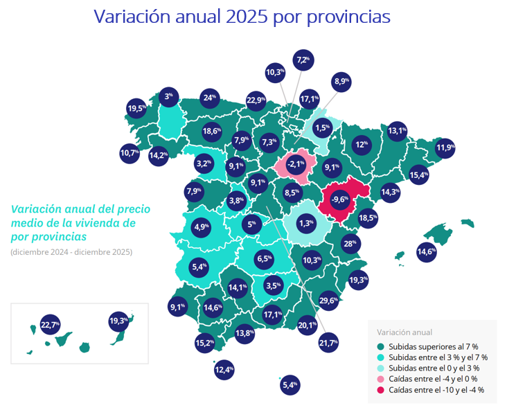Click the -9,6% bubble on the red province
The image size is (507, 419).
pyautogui.click(x=340, y=199)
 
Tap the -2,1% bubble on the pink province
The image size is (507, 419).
pyautogui.click(x=296, y=164)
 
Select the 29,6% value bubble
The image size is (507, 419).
pyautogui.click(x=328, y=301)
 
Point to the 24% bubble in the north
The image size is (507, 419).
pyautogui.click(x=210, y=98)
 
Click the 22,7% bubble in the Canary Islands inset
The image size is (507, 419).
pyautogui.click(x=50, y=324)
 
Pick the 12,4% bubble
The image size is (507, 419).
pyautogui.click(x=224, y=371)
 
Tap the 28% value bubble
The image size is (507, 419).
pyautogui.click(x=350, y=244)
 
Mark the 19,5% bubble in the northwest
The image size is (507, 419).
pyautogui.click(x=136, y=109)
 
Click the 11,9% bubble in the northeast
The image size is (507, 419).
pyautogui.click(x=445, y=148)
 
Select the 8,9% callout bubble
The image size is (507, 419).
pyautogui.click(x=341, y=82)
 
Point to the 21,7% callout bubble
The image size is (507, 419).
pyautogui.click(x=328, y=343)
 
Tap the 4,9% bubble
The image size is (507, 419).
pyautogui.click(x=202, y=226)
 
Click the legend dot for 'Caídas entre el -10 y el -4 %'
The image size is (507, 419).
pyautogui.click(x=380, y=390)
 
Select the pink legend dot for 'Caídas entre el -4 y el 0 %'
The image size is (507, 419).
pyautogui.click(x=380, y=379)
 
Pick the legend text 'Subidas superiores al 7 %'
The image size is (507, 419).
pyautogui.click(x=434, y=346)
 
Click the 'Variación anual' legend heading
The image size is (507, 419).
pyautogui.click(x=404, y=332)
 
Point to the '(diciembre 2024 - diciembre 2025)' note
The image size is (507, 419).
pyautogui.click(x=71, y=251)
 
